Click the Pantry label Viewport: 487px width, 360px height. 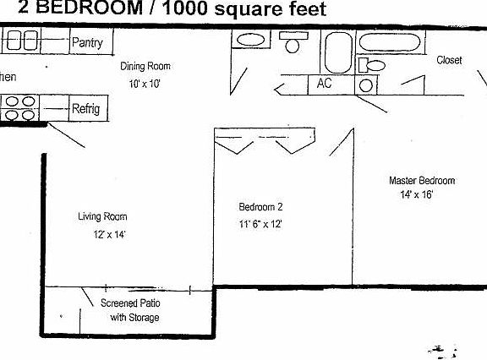click(x=87, y=42)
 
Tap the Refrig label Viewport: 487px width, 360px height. click(x=85, y=109)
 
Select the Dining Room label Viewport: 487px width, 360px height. click(x=145, y=66)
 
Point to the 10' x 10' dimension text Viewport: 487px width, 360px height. click(x=145, y=84)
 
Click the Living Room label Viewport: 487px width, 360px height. click(x=102, y=216)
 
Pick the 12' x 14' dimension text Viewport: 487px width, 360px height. click(x=109, y=235)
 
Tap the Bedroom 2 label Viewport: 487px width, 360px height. click(x=260, y=206)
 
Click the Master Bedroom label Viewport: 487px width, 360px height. click(x=422, y=180)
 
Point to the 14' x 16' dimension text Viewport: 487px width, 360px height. click(x=416, y=194)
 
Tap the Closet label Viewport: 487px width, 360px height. click(x=449, y=60)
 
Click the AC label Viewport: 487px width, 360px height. click(x=325, y=84)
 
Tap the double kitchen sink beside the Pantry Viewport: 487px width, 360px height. click(x=20, y=41)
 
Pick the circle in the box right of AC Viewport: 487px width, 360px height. click(x=366, y=85)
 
